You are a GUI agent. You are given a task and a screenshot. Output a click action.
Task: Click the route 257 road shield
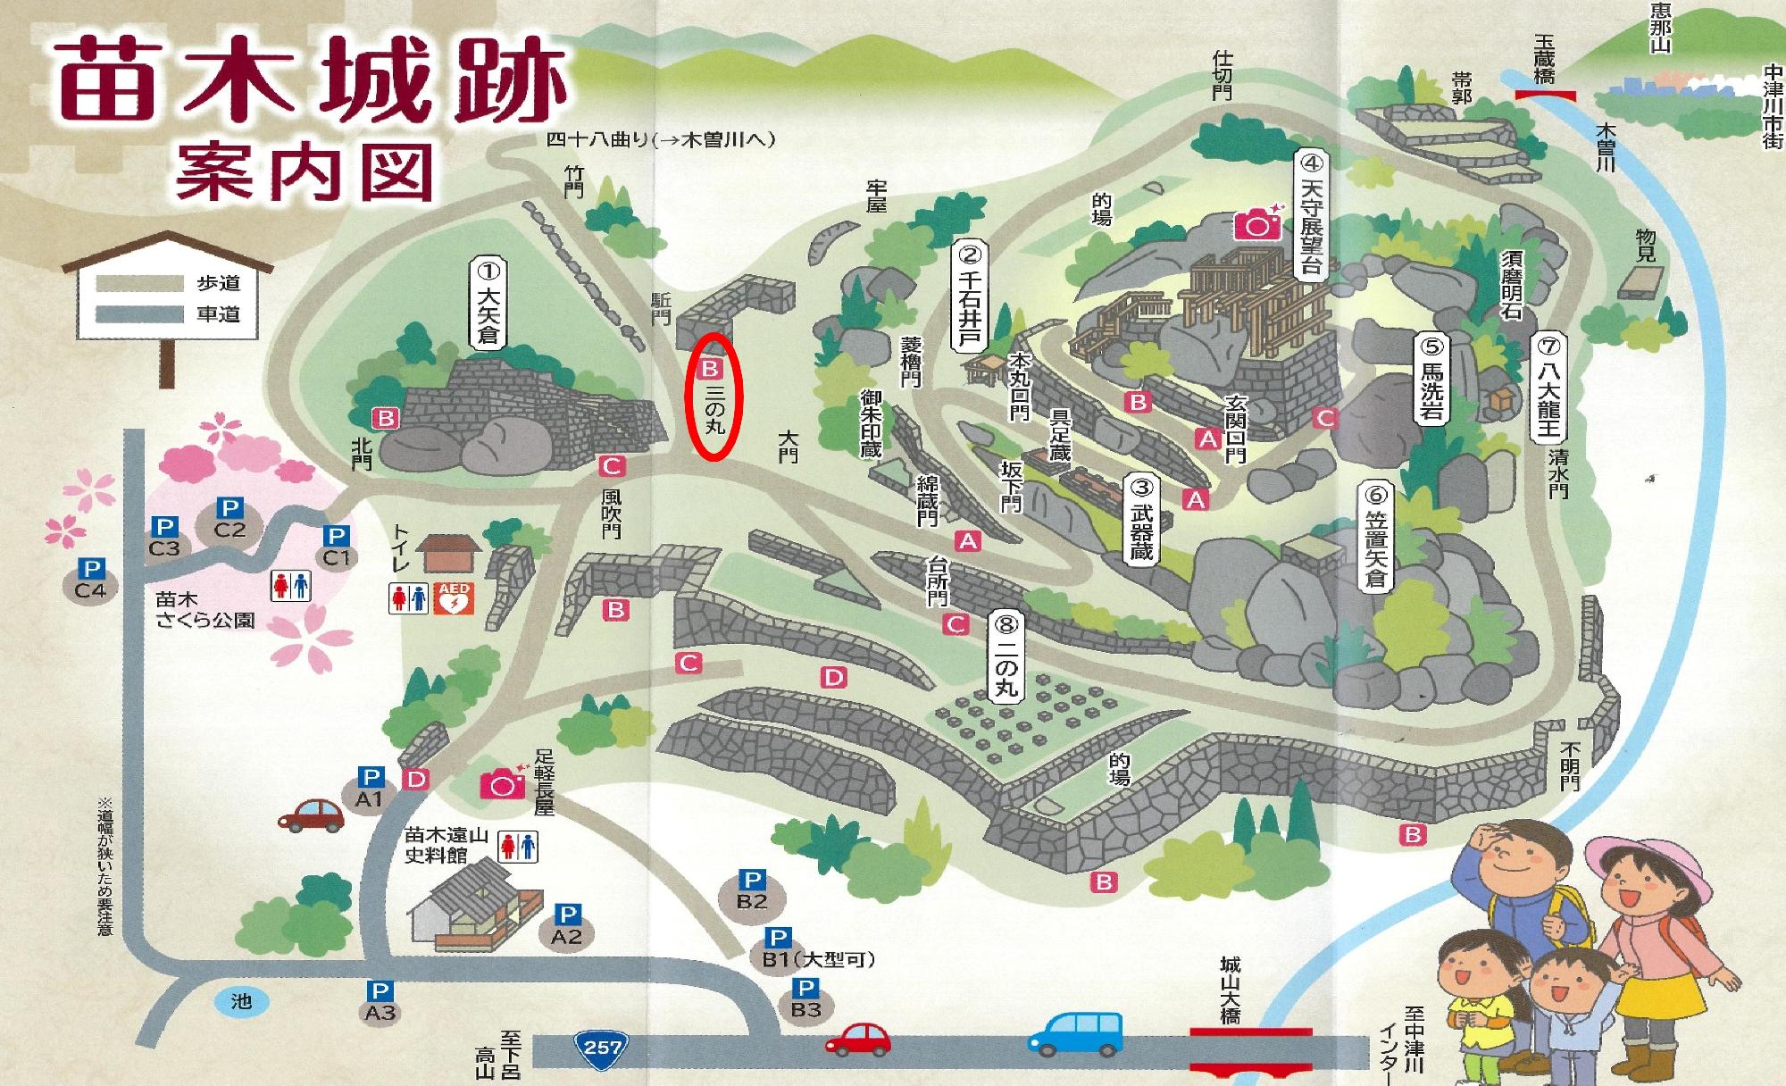(x=602, y=1046)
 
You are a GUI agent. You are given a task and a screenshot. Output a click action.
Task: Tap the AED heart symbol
(x=455, y=598)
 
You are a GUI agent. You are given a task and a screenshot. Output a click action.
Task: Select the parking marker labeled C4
(x=90, y=579)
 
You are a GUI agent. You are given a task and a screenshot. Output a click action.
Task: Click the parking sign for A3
(x=380, y=990)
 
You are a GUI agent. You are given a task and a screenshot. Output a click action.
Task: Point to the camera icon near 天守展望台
(x=1257, y=223)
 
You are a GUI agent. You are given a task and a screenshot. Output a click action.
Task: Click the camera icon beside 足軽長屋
(x=504, y=784)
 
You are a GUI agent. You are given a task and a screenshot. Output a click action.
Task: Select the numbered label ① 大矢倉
(x=488, y=303)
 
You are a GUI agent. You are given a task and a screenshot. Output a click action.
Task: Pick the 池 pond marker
(x=241, y=1001)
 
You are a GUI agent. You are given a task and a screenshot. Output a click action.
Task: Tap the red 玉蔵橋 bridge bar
(x=1545, y=95)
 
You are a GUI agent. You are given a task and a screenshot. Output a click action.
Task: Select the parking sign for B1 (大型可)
(x=778, y=938)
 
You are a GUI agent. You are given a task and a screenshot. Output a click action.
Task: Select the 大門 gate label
(x=788, y=447)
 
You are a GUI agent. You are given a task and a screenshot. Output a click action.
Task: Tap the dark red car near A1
(x=311, y=814)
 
